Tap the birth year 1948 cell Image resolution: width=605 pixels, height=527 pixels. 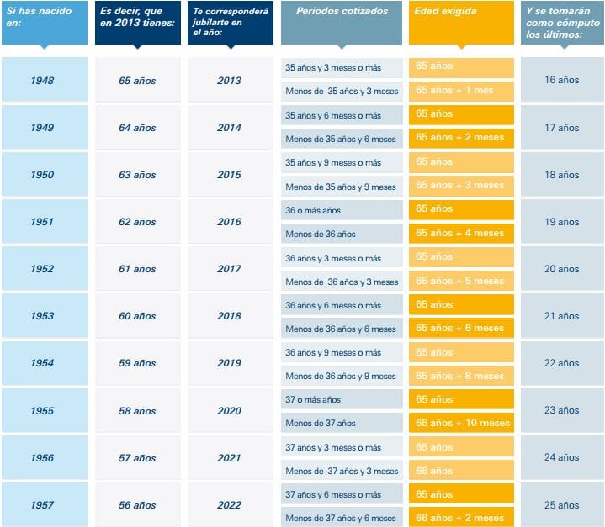click(x=43, y=81)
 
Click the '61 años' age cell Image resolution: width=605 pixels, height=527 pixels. click(x=136, y=269)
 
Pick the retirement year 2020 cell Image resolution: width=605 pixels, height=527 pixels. click(x=229, y=411)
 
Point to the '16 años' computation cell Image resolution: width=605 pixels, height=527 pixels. click(x=561, y=81)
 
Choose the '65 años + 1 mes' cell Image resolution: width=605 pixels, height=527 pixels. click(x=461, y=91)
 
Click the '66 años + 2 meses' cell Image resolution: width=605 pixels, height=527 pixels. click(x=461, y=518)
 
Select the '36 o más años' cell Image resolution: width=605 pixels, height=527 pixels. click(x=342, y=210)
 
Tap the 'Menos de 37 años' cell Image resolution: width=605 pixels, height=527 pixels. click(x=342, y=423)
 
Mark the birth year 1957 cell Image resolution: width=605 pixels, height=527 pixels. click(x=43, y=505)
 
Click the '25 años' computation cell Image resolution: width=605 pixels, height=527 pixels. click(x=561, y=505)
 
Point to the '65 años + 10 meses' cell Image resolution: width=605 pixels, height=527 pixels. click(x=461, y=423)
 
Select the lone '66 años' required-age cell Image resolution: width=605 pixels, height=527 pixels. click(x=461, y=471)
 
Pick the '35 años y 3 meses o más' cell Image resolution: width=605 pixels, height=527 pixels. click(x=342, y=67)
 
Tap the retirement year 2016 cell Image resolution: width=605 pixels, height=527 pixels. click(x=229, y=222)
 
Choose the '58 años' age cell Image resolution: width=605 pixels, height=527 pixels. click(x=136, y=411)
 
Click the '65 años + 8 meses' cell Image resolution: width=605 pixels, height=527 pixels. click(x=461, y=376)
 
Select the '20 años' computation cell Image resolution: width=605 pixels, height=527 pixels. click(x=561, y=269)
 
